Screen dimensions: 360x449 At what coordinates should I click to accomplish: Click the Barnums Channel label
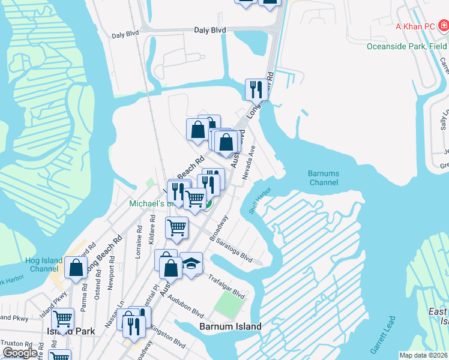pyautogui.click(x=324, y=178)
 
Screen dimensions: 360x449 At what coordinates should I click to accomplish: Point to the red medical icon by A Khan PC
pyautogui.click(x=442, y=26)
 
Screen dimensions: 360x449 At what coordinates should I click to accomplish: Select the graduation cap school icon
pyautogui.click(x=191, y=263)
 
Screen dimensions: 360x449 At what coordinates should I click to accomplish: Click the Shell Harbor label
pyautogui.click(x=260, y=201)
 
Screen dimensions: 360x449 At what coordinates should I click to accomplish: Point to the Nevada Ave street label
pyautogui.click(x=250, y=162)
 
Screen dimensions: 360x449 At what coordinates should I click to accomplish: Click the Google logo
pyautogui.click(x=20, y=353)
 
